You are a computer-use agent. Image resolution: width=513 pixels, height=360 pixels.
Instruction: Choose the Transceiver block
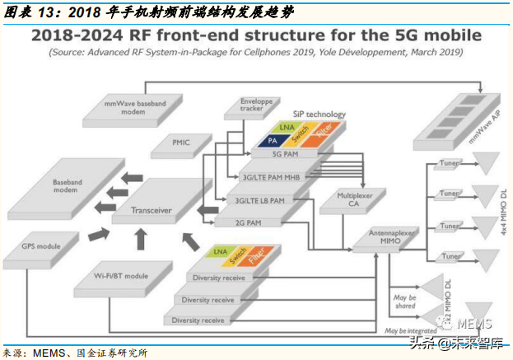[153, 210]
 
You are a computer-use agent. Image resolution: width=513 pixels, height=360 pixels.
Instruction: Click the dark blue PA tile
[272, 140]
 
